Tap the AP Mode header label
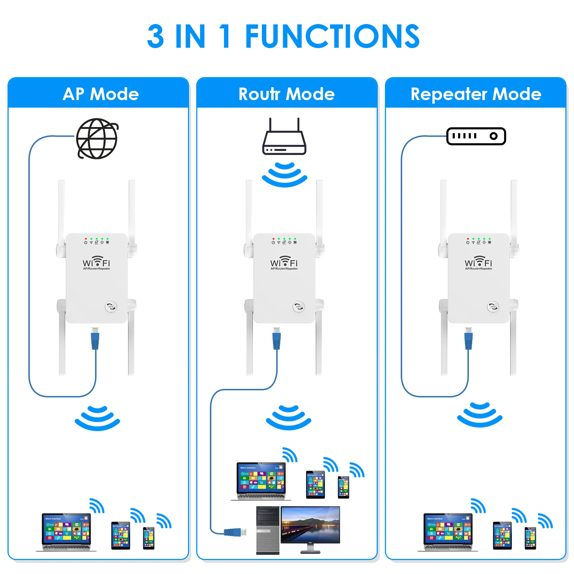pyautogui.click(x=101, y=94)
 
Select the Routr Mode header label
pyautogui.click(x=286, y=94)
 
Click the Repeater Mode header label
pyautogui.click(x=476, y=94)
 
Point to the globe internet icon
pyautogui.click(x=97, y=138)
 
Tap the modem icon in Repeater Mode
pyautogui.click(x=476, y=136)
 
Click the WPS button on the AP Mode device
pyautogui.click(x=110, y=306)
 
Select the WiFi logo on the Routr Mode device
pyautogui.click(x=284, y=262)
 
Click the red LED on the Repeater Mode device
pyautogui.click(x=467, y=239)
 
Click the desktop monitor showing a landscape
pyautogui.click(x=310, y=526)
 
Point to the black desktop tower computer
pyautogui.click(x=268, y=530)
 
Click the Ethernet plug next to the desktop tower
pyautogui.click(x=235, y=532)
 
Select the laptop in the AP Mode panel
pyautogui.click(x=66, y=531)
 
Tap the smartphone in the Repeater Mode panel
pyautogui.click(x=530, y=538)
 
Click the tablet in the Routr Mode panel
pyautogui.click(x=315, y=485)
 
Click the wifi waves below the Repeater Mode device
pyautogui.click(x=480, y=415)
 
